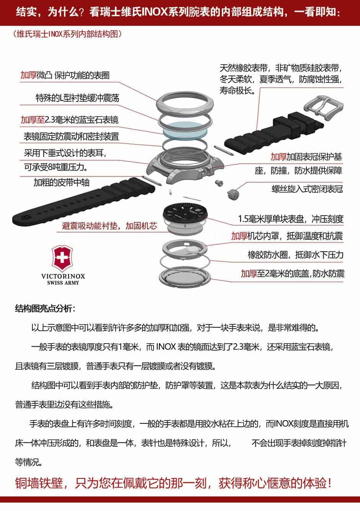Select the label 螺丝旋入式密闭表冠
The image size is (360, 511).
pyautogui.click(x=308, y=189)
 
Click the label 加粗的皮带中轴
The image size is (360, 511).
pyautogui.click(x=61, y=182)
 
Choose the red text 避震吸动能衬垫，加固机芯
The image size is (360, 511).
pyautogui.click(x=110, y=226)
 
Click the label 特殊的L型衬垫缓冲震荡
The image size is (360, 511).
pyautogui.click(x=77, y=98)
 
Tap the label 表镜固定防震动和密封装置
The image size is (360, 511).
pyautogui.click(x=72, y=136)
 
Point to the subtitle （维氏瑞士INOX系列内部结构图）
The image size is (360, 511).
pyautogui.click(x=67, y=34)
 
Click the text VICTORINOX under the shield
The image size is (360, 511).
pyautogui.click(x=63, y=276)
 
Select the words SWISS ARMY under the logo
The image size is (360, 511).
pyautogui.click(x=63, y=283)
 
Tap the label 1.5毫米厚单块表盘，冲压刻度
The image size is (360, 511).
pyautogui.click(x=291, y=219)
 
